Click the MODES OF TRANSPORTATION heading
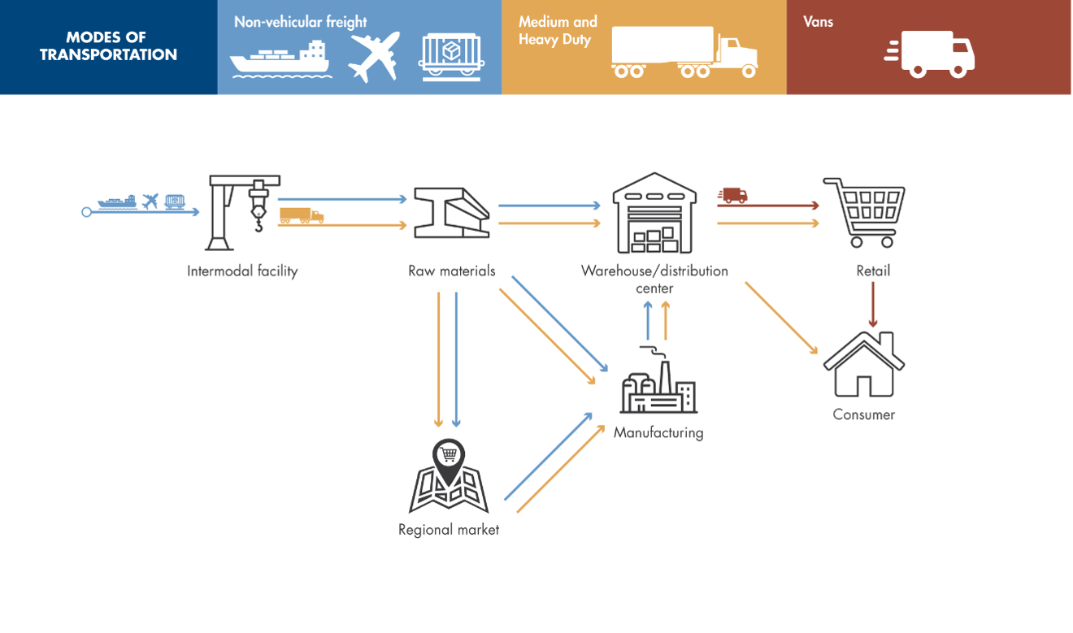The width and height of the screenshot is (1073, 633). point(108,46)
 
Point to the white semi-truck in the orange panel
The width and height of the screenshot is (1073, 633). point(684,53)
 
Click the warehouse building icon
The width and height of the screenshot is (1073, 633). point(655,213)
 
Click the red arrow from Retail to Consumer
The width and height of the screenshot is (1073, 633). point(873,305)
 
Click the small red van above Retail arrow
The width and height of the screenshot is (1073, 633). point(732,195)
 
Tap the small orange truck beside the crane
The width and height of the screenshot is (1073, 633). point(301,215)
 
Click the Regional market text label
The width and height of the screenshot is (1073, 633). point(448,530)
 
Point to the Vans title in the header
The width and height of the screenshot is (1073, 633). point(818,22)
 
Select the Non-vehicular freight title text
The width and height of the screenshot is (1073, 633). point(300,22)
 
